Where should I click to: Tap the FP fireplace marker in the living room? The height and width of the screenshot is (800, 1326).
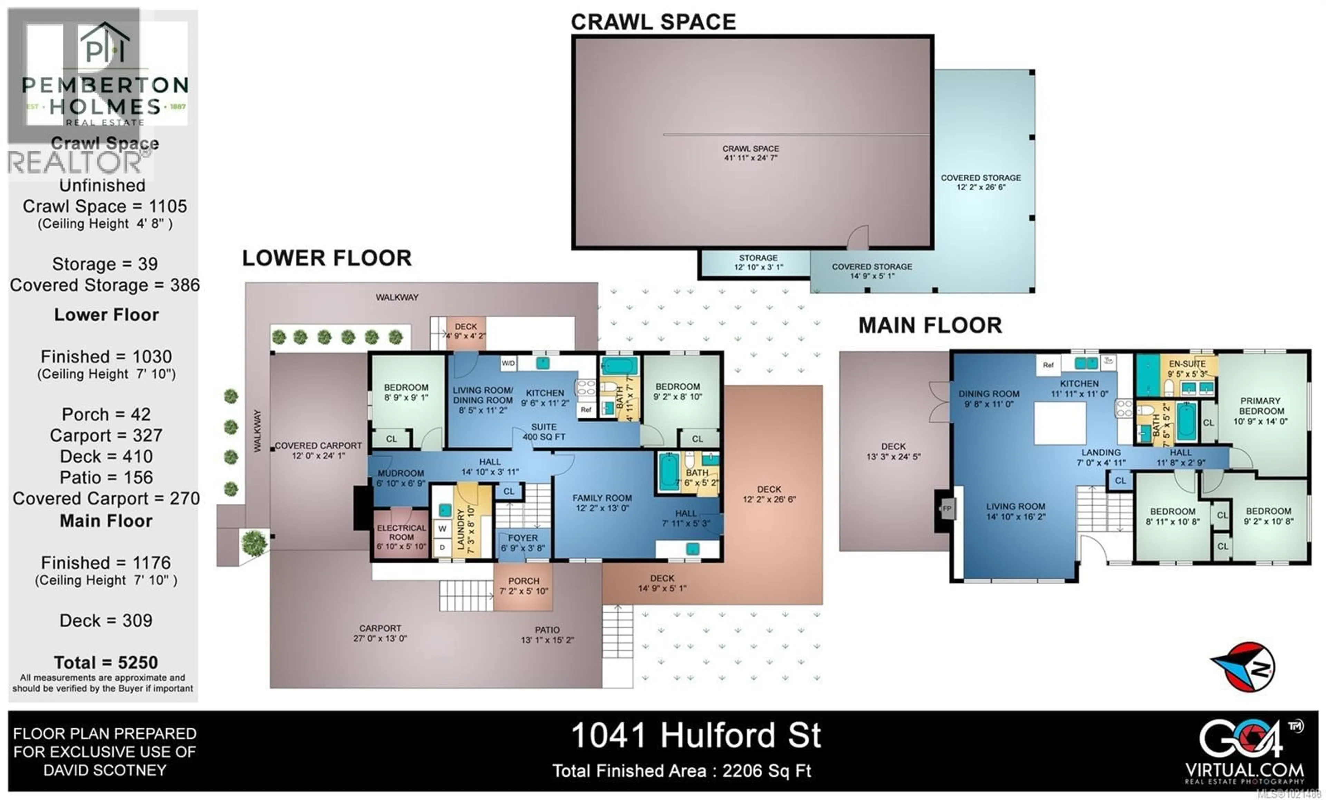947,508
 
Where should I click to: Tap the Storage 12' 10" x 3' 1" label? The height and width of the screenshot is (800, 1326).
758,262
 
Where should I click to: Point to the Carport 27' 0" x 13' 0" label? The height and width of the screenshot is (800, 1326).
380,633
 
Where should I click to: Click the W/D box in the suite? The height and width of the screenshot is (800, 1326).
508,363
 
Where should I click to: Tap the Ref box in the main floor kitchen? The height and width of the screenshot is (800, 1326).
1048,365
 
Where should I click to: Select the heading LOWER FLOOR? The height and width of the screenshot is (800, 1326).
327,258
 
